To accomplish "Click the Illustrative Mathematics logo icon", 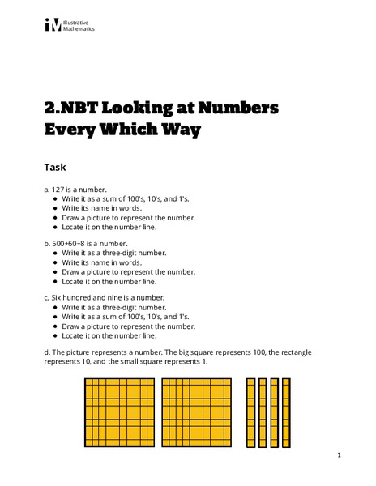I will (x=53, y=25).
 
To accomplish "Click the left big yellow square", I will (x=119, y=413).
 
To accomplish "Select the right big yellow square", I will (x=197, y=413).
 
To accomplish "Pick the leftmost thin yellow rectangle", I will (x=251, y=413).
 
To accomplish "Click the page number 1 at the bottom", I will (x=339, y=456).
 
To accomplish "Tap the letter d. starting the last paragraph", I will (x=47, y=352).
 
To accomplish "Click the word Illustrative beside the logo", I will (x=80, y=22).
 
